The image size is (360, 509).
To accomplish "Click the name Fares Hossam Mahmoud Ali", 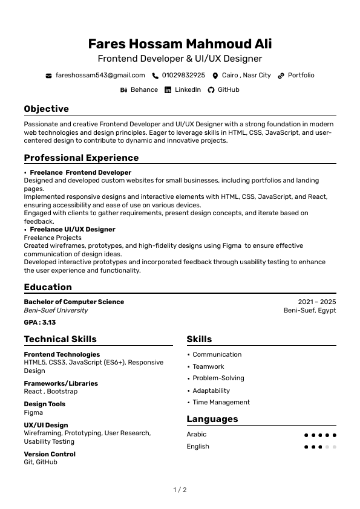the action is (x=180, y=44).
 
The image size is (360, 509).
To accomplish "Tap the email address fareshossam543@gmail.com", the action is (x=100, y=76).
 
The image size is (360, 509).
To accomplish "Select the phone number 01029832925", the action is (x=183, y=76).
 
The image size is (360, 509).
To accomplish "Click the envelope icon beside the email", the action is (x=48, y=76).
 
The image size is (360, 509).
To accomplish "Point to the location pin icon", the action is (x=215, y=76).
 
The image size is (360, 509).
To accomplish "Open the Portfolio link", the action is (x=301, y=76).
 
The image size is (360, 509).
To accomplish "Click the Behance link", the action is (x=144, y=90).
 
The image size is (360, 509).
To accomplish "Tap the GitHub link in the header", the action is (x=228, y=90).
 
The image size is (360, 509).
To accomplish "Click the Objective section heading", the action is (x=46, y=109).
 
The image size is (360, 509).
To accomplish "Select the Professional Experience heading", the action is (x=81, y=158).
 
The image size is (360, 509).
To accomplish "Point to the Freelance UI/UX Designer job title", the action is (x=72, y=230).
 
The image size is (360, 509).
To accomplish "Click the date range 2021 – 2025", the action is (x=316, y=302).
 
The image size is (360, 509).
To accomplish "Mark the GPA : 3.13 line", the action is (x=39, y=323).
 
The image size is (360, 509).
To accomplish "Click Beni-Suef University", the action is (x=56, y=311).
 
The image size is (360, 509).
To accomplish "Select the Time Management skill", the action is (x=221, y=403).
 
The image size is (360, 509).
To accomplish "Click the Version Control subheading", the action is (x=50, y=455).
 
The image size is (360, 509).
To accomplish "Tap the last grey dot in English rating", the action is (x=335, y=447).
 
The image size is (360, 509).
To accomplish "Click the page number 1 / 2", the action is (x=180, y=490).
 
